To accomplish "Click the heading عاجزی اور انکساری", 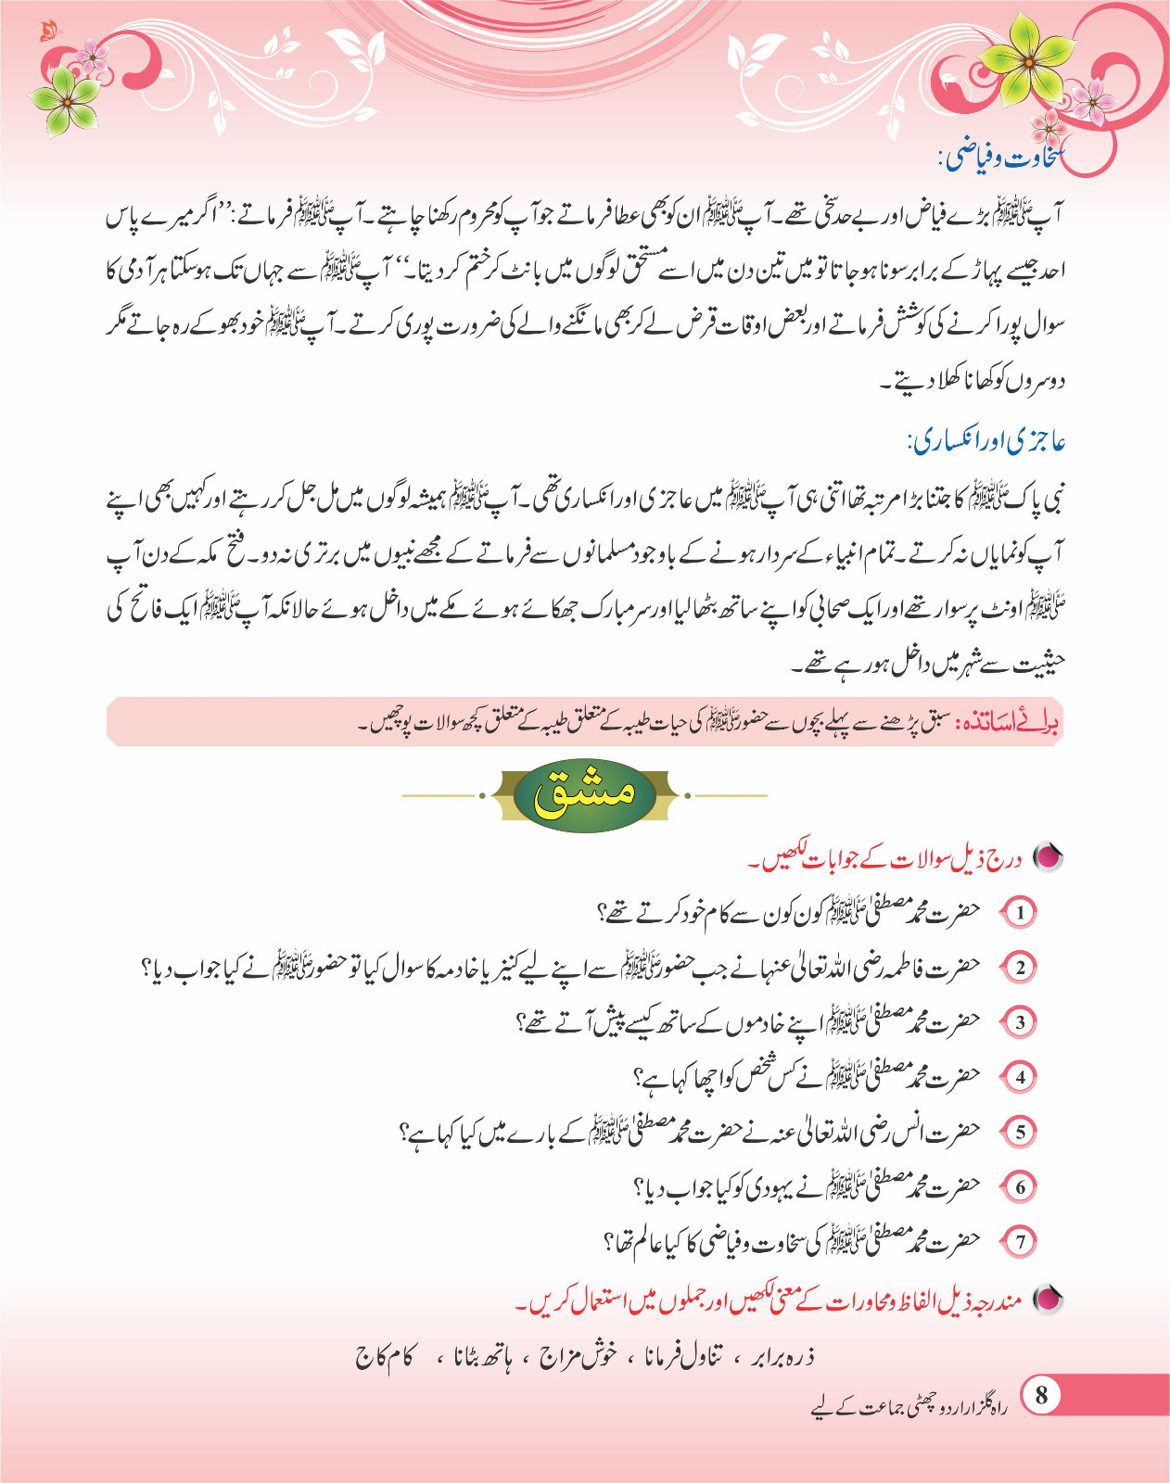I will [x=986, y=441].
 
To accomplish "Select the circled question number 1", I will [x=1020, y=912].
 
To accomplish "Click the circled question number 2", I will [x=1020, y=967].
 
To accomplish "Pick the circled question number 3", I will [x=1020, y=1022].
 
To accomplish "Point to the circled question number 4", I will [x=1020, y=1077].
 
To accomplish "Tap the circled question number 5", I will [x=1020, y=1132].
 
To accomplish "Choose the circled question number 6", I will [x=1020, y=1186].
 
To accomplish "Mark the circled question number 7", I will [x=1020, y=1241].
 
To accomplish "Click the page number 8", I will [x=1042, y=1395].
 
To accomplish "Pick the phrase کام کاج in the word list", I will [x=385, y=1358].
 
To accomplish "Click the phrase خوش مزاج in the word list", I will [x=578, y=1358].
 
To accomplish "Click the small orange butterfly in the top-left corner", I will [x=48, y=32].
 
